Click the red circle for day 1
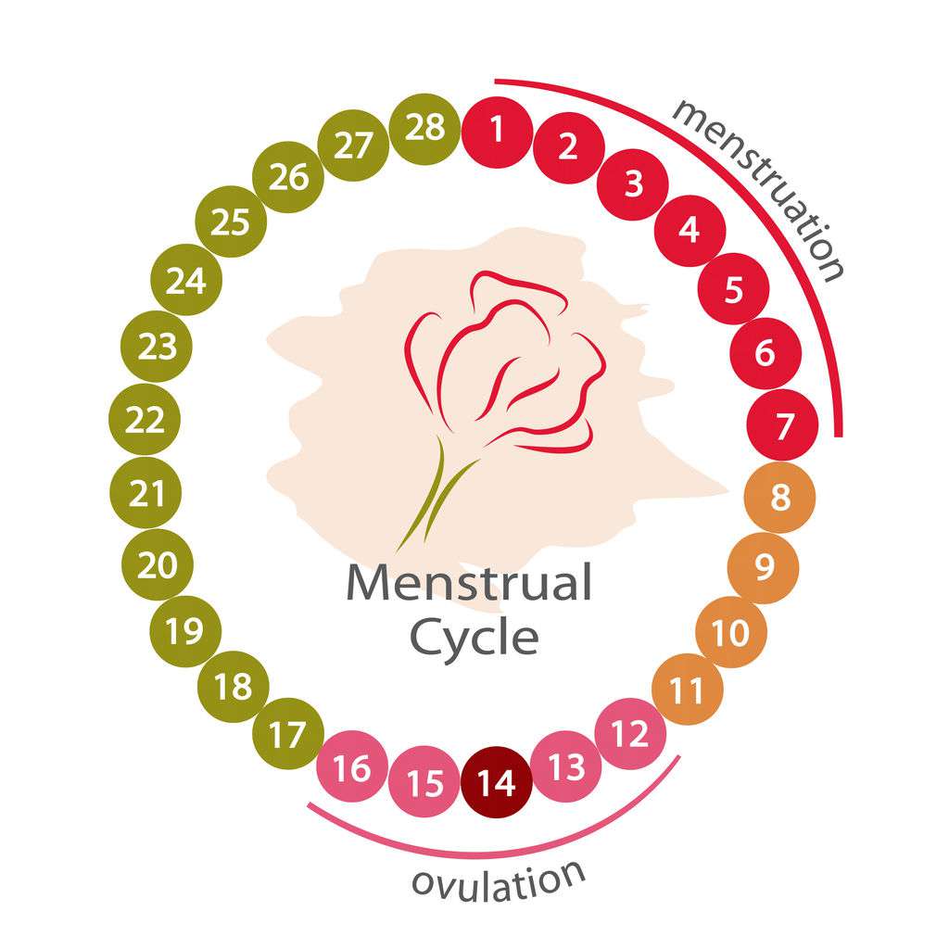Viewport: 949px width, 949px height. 497,132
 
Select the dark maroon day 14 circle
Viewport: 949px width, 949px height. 497,782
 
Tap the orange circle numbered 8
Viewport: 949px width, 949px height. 779,497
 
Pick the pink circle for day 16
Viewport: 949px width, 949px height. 352,766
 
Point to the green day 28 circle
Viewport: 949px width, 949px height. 424,129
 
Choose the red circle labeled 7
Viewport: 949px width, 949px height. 782,424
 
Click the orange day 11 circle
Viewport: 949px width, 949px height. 688,689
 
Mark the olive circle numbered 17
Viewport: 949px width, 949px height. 288,734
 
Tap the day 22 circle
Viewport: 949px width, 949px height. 145,419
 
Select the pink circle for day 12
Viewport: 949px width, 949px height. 630,734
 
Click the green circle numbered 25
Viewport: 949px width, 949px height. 231,221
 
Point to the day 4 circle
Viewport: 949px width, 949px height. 690,231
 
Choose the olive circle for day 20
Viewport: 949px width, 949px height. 158,564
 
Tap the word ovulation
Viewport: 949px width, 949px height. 498,881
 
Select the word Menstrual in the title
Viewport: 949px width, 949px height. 469,582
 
